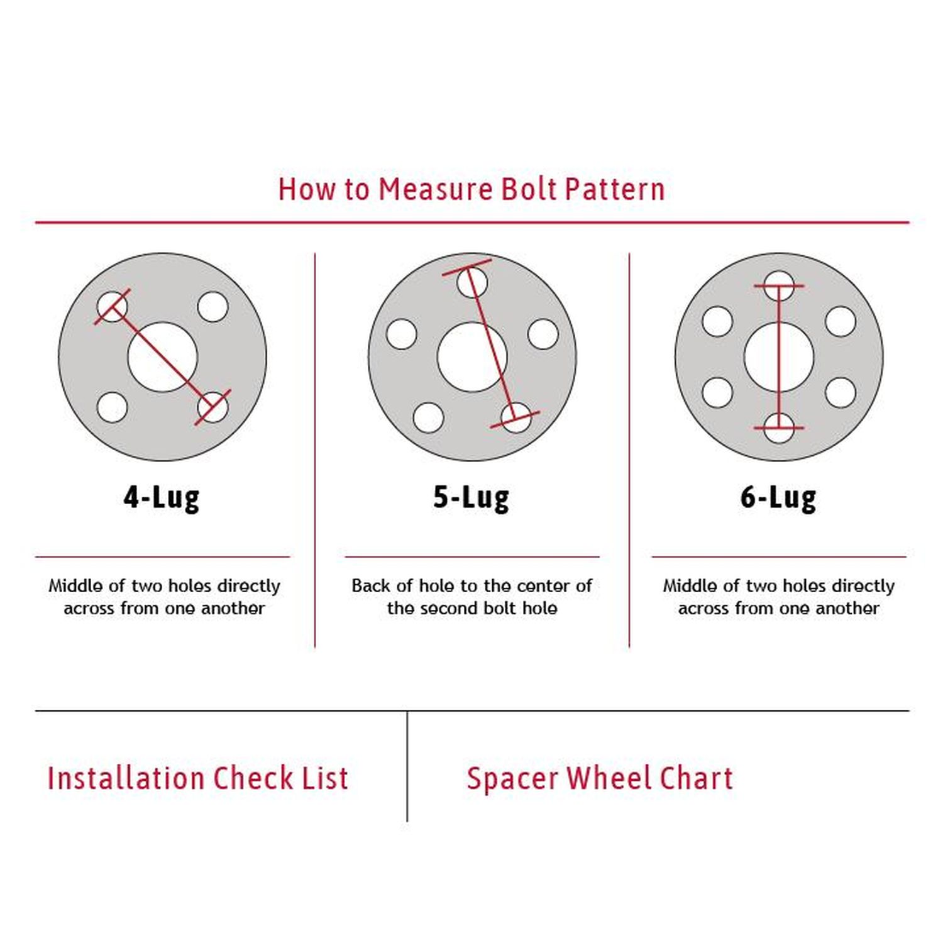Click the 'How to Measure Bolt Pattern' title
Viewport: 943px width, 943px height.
coord(472,189)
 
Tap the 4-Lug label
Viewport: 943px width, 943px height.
coord(162,497)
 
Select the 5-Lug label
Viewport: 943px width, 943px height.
coord(471,497)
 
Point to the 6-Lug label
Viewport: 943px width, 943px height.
coord(778,497)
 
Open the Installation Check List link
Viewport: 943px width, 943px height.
coord(198,778)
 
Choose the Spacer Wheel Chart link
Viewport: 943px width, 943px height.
coord(600,778)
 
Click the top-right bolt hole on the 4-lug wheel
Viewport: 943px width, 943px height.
coord(212,307)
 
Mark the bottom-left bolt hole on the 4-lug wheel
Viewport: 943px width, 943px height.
coord(112,407)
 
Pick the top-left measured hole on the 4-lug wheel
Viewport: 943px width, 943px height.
coord(112,307)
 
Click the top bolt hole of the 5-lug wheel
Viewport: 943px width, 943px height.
coord(472,282)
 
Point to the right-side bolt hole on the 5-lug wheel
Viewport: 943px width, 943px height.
coord(543,334)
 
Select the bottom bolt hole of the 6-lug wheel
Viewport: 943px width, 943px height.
coord(778,429)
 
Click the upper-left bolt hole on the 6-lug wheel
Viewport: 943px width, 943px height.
coord(717,321)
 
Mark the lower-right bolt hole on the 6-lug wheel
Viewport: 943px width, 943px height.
coord(840,393)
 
